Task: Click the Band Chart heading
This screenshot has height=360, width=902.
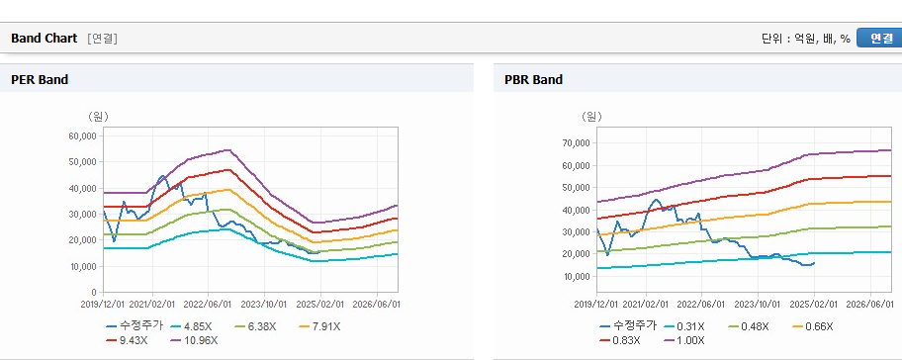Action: pos(44,38)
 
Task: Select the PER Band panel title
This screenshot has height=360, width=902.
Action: pos(40,79)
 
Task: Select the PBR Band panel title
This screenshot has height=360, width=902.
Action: pos(533,79)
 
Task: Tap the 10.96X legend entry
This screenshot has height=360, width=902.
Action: pos(195,340)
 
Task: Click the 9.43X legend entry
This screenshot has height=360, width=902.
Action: pos(128,340)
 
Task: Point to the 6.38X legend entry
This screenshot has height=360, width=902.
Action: pos(256,326)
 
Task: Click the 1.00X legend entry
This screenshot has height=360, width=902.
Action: pos(684,340)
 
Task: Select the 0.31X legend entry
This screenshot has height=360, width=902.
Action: pos(684,326)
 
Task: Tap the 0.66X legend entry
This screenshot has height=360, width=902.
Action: pos(812,326)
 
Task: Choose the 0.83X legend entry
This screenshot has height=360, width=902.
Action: pos(619,340)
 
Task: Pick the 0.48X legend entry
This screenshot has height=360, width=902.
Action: pos(749,326)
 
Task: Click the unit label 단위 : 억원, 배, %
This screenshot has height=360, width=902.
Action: pos(806,38)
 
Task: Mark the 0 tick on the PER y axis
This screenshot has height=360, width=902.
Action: pos(95,292)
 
